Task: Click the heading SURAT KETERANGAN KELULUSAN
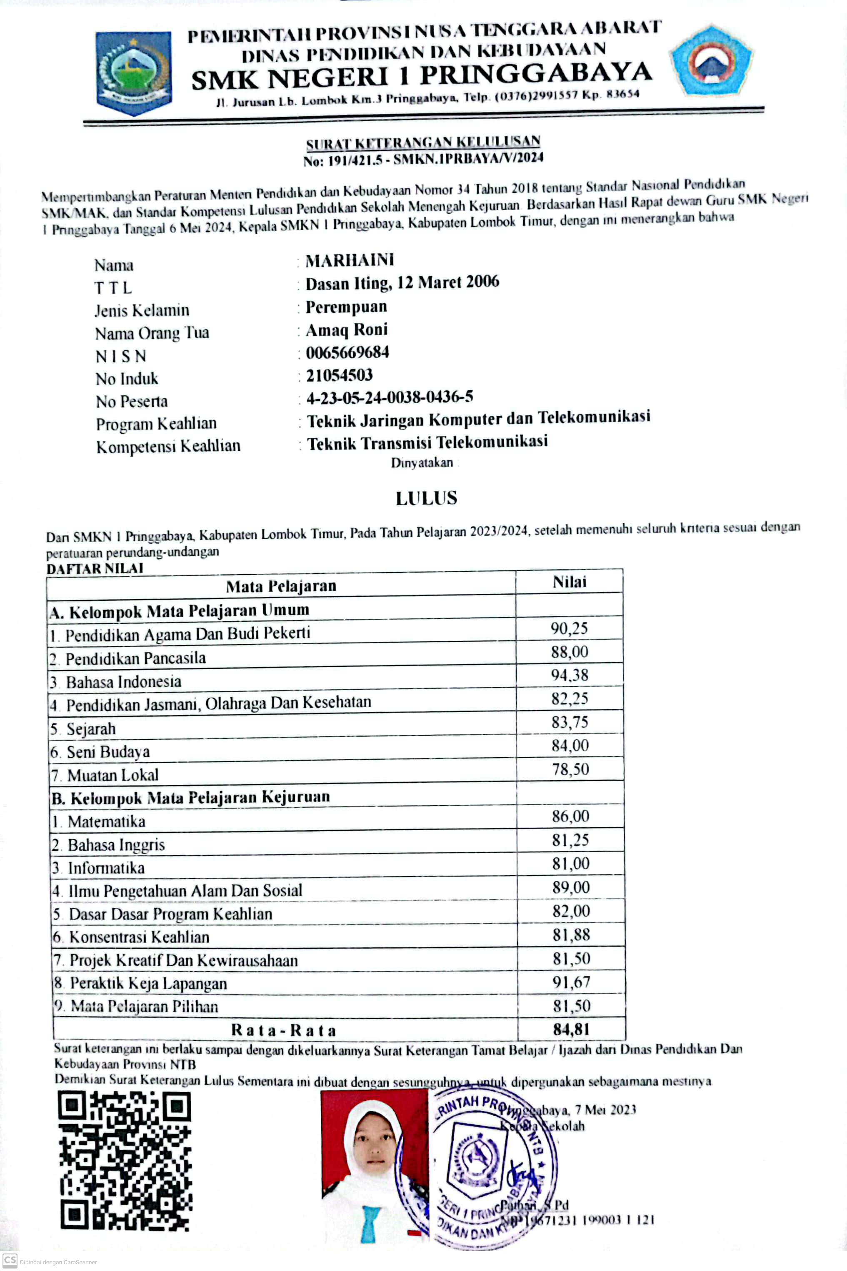click(x=423, y=143)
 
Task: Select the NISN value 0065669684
click(x=347, y=352)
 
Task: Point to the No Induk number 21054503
click(x=339, y=375)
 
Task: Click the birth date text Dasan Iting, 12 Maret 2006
click(x=402, y=283)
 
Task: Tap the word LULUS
click(x=426, y=498)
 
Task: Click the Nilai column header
click(x=570, y=582)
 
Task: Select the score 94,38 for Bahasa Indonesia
click(x=570, y=675)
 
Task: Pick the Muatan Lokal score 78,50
click(x=570, y=769)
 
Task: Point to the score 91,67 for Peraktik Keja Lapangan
click(x=571, y=982)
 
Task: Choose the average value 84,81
click(x=571, y=1029)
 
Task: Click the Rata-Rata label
click(x=284, y=1030)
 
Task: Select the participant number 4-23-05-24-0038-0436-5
click(x=390, y=398)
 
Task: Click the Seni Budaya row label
click(x=108, y=752)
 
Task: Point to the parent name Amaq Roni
click(x=346, y=330)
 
